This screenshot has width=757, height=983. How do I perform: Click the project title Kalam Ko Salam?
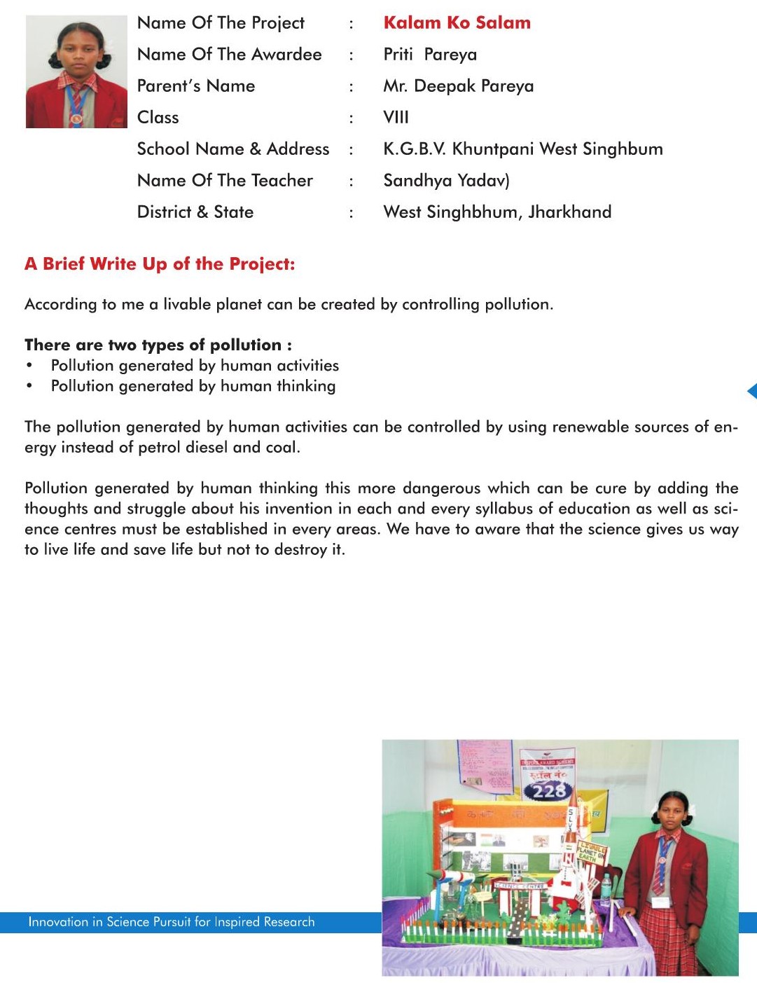(x=457, y=23)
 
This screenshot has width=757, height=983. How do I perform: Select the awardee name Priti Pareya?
(x=430, y=55)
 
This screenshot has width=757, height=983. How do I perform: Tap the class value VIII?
(x=396, y=118)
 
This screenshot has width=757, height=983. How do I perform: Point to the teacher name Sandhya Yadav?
(x=446, y=181)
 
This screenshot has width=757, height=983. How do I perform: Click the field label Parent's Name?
(x=196, y=86)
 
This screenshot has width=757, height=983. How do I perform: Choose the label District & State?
(x=195, y=212)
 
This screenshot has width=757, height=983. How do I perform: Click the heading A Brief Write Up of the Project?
(x=160, y=264)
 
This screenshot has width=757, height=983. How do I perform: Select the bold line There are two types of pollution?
(x=158, y=345)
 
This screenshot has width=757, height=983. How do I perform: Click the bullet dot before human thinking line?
(x=29, y=386)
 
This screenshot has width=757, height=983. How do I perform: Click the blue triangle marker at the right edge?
(x=752, y=391)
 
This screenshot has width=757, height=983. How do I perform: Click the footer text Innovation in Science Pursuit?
(x=172, y=922)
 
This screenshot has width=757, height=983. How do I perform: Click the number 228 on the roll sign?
(x=548, y=791)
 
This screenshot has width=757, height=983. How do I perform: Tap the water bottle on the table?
(x=606, y=886)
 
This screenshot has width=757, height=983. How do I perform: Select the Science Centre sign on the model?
(x=520, y=886)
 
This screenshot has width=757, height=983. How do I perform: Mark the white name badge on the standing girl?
(x=660, y=902)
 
